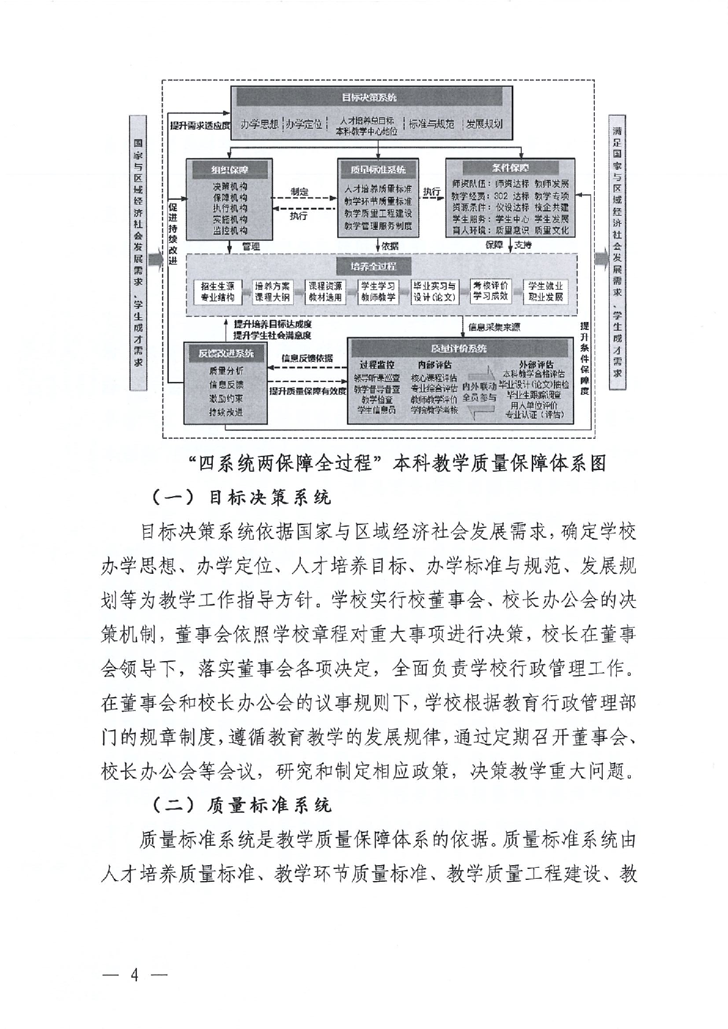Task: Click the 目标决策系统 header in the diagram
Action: click(369, 97)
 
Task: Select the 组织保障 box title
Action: click(230, 169)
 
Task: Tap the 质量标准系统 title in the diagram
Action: click(378, 170)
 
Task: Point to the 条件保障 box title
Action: click(510, 167)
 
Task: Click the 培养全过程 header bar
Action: click(373, 266)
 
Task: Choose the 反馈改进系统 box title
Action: click(226, 353)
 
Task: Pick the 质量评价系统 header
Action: click(458, 348)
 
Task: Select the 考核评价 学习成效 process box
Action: click(490, 291)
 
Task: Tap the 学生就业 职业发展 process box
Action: click(545, 292)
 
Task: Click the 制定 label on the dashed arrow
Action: click(300, 192)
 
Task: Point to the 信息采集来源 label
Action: click(494, 328)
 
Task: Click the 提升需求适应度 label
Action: click(199, 126)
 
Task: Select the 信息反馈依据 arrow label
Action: click(307, 358)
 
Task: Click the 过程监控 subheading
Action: click(377, 365)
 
